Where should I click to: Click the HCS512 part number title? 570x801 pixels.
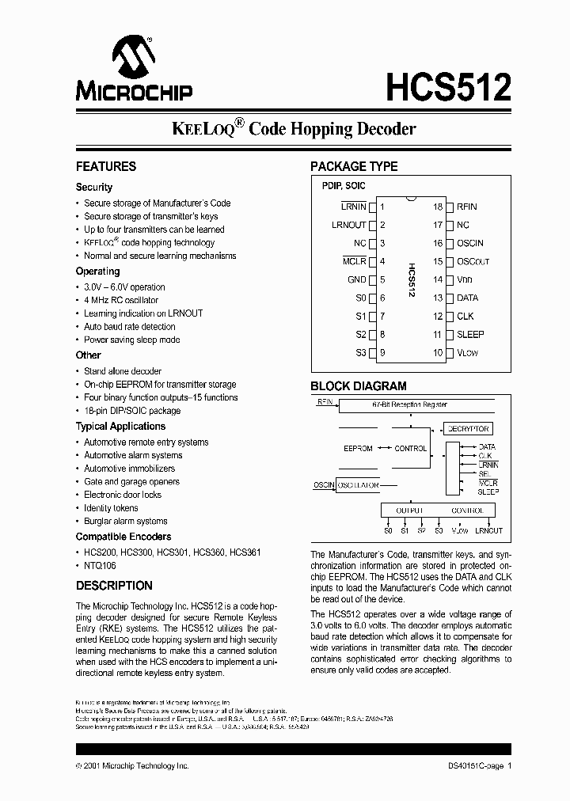pos(448,86)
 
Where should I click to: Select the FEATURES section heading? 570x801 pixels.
pos(106,166)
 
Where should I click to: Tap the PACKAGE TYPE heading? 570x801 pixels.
pos(353,166)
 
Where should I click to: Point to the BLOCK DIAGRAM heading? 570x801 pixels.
pos(358,386)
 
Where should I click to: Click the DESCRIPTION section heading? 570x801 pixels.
pos(114,586)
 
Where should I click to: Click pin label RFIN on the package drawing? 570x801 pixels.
pos(466,207)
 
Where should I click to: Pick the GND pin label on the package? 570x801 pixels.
pos(356,279)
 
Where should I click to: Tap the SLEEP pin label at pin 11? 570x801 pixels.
pos(470,335)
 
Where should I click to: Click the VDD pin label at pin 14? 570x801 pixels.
pos(464,279)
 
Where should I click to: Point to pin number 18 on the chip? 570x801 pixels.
pos(437,207)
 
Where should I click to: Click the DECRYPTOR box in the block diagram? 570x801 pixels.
pos(468,428)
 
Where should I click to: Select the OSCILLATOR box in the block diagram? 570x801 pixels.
pos(358,485)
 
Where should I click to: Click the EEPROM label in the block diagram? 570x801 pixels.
pos(358,448)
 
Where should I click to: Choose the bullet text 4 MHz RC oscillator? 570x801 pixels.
pos(121,300)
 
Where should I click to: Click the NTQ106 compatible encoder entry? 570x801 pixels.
pos(100,565)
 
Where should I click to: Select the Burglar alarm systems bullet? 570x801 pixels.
pos(126,521)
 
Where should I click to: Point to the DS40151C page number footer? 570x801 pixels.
pos(475,766)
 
